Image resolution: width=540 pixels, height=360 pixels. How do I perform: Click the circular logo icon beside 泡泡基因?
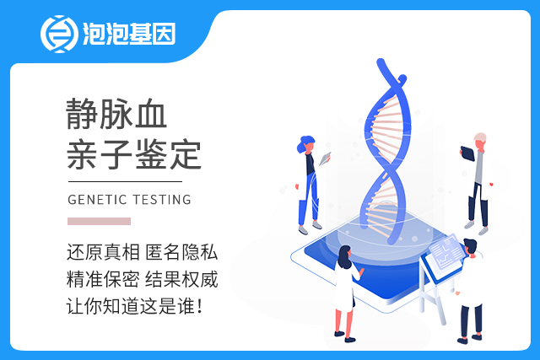[59, 34]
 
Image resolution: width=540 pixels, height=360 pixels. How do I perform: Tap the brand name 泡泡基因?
[129, 34]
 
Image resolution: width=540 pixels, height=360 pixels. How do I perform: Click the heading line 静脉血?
[116, 114]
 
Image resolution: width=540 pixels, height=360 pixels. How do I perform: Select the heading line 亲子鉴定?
[133, 154]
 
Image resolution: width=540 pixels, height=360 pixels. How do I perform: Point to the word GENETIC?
[98, 200]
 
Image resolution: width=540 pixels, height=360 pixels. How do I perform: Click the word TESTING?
[162, 200]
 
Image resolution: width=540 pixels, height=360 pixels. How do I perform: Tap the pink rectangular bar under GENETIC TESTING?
[100, 221]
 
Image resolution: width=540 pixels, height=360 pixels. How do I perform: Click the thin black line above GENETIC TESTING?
[125, 181]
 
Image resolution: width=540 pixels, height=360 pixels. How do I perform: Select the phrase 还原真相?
[103, 252]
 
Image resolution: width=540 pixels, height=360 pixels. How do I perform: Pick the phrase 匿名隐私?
[181, 252]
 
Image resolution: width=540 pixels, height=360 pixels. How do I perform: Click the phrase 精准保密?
[103, 279]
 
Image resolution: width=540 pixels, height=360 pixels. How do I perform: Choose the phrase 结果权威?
[181, 279]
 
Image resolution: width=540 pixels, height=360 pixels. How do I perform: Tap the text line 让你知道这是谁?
[134, 306]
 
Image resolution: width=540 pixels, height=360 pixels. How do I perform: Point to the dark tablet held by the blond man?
[467, 153]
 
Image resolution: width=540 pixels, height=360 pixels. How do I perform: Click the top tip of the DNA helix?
[381, 62]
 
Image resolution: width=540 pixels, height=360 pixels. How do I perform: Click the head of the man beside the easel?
[470, 246]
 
